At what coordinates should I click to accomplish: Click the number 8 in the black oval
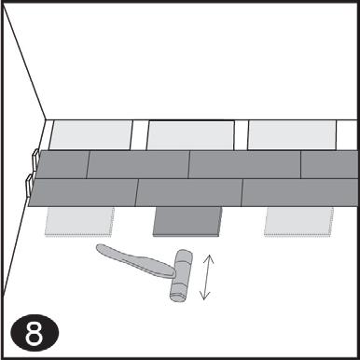point(35,333)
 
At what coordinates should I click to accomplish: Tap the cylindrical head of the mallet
point(181,275)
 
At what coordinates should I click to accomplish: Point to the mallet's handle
point(135,260)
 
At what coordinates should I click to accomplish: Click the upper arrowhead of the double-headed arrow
point(209,258)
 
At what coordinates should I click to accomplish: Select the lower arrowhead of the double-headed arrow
point(204,296)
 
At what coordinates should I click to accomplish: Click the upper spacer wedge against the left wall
point(35,159)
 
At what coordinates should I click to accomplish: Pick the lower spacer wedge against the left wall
point(29,186)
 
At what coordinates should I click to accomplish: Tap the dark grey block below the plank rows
point(187,222)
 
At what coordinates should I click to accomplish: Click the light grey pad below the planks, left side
point(79,222)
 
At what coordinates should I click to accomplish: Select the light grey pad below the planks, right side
point(299,222)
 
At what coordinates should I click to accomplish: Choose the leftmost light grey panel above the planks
point(90,135)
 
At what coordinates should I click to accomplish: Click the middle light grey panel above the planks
point(190,135)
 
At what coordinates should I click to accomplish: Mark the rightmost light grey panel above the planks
point(292,135)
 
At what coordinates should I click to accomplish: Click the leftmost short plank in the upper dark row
point(62,164)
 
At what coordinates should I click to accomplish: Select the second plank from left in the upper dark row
point(138,164)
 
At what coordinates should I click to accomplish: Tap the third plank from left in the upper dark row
point(245,164)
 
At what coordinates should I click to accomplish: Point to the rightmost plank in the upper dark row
point(329,164)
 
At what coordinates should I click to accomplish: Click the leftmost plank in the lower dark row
point(83,192)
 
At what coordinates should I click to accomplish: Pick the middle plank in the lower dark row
point(189,192)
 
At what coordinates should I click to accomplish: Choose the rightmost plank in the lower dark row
point(299,192)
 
